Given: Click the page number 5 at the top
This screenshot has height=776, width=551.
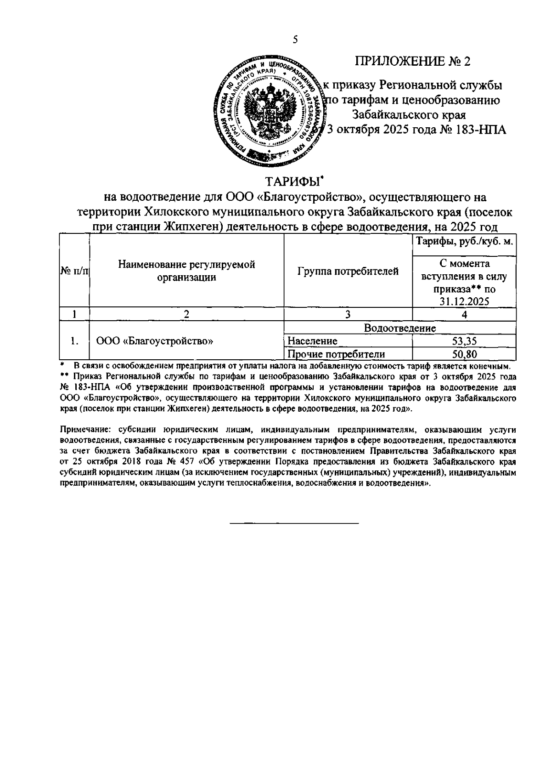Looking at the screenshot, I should [x=295, y=40].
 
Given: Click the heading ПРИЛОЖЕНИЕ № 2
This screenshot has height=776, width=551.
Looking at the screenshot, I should [x=413, y=62].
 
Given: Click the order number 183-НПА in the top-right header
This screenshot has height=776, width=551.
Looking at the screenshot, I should [x=480, y=130].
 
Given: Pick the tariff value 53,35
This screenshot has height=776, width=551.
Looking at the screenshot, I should [x=464, y=341].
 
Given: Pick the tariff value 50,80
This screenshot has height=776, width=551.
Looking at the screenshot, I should [x=464, y=354].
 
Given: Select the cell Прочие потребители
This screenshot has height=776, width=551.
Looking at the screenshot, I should [x=336, y=354].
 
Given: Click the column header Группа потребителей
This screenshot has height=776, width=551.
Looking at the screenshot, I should [x=348, y=272].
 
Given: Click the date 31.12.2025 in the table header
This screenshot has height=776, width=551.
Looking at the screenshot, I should [x=464, y=301].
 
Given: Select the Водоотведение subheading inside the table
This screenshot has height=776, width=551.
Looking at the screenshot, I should [x=399, y=328].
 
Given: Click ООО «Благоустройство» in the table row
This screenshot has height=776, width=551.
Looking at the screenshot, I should [x=155, y=341].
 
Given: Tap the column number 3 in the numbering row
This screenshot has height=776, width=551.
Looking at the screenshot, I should [x=348, y=315].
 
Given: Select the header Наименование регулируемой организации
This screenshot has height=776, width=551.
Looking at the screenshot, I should [x=186, y=271].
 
